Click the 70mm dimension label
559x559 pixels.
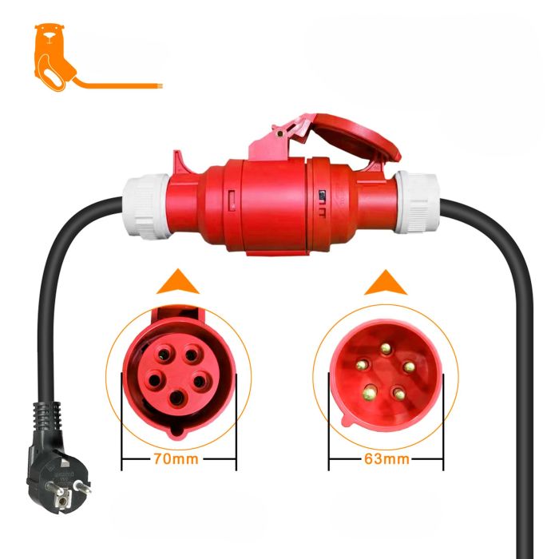[x=176, y=459]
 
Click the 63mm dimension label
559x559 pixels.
[x=387, y=459]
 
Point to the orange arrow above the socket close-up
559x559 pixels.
[x=177, y=282]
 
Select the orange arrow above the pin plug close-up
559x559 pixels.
[x=386, y=283]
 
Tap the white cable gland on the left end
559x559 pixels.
[x=146, y=206]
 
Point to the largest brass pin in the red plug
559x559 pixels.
[x=370, y=393]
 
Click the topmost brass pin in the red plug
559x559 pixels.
[x=386, y=348]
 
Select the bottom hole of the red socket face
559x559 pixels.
[x=176, y=398]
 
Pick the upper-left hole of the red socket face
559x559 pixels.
[x=164, y=355]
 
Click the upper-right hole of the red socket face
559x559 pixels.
[x=192, y=355]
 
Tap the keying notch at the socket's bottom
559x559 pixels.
[x=176, y=431]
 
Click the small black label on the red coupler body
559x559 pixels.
[x=323, y=195]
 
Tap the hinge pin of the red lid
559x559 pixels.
[x=279, y=134]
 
